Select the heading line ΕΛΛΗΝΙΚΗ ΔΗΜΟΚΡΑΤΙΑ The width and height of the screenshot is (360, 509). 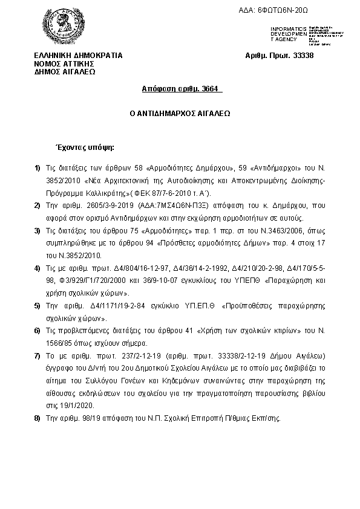point(78,56)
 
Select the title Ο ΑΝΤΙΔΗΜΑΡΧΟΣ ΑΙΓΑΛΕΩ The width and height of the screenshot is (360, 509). point(180,113)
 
